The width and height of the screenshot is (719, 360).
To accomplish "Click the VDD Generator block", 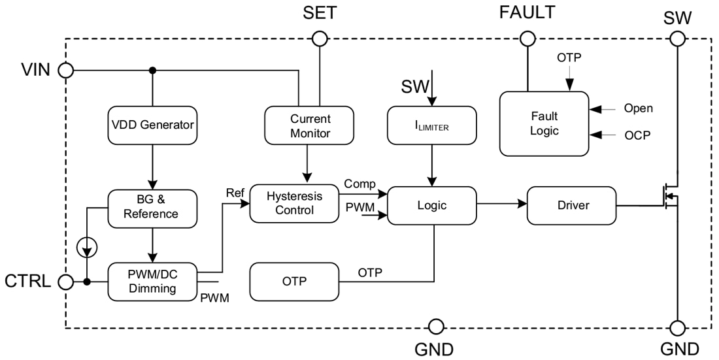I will coord(152,125).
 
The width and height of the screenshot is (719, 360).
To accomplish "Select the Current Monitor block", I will coord(309,125).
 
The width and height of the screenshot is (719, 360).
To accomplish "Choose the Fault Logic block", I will coord(544,123).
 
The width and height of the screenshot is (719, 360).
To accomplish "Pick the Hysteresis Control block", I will coord(294,203).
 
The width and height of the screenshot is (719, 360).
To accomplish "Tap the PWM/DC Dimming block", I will coord(152,282).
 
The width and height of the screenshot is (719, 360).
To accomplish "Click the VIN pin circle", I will coord(65,70).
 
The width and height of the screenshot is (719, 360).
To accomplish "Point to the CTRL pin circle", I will coord(65,282).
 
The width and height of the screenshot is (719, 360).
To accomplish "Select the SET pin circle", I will coord(319,39).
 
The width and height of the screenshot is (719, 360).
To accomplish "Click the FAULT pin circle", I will coord(526,39).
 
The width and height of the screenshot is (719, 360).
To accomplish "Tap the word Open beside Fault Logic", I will coord(638,108).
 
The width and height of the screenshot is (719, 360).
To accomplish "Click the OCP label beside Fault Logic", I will coord(637,135).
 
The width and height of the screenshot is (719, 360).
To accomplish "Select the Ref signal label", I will coord(235,193).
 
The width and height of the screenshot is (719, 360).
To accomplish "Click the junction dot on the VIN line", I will coord(152,70).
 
